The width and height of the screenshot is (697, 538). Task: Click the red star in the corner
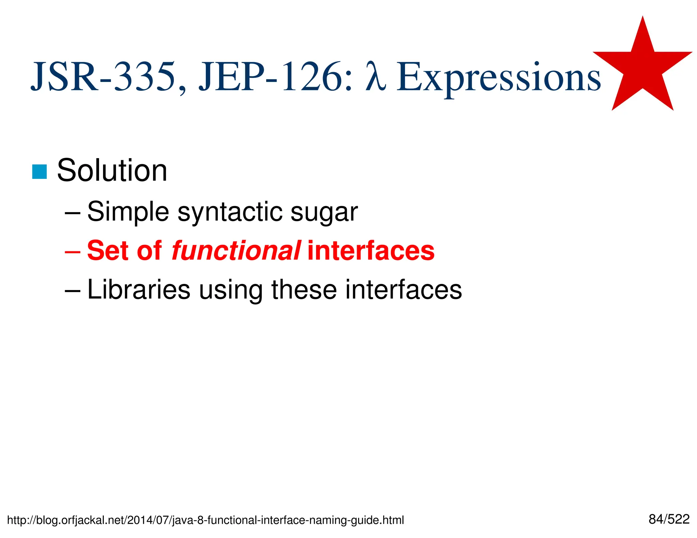[642, 68]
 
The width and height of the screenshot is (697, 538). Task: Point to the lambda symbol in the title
[376, 77]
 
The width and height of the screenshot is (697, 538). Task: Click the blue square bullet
[39, 172]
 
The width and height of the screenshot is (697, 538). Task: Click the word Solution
[112, 171]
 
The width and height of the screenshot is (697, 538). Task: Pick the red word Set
[108, 251]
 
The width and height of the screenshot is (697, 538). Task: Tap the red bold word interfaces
[371, 251]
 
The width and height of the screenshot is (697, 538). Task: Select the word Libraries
[139, 290]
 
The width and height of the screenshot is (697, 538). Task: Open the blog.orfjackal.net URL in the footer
[205, 520]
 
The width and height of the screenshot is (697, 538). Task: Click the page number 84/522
[669, 519]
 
